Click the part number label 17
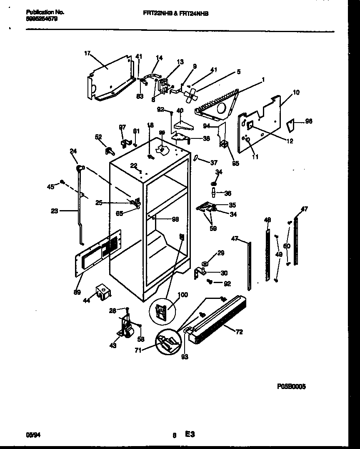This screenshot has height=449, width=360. [87, 53]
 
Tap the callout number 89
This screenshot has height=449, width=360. [77, 292]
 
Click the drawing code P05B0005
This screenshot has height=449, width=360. [291, 386]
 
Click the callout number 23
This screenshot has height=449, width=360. [55, 211]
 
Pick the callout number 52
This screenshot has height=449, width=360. [98, 137]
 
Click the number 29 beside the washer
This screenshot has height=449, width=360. [221, 253]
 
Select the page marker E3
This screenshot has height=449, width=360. [190, 434]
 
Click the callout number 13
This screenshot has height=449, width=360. [180, 62]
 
